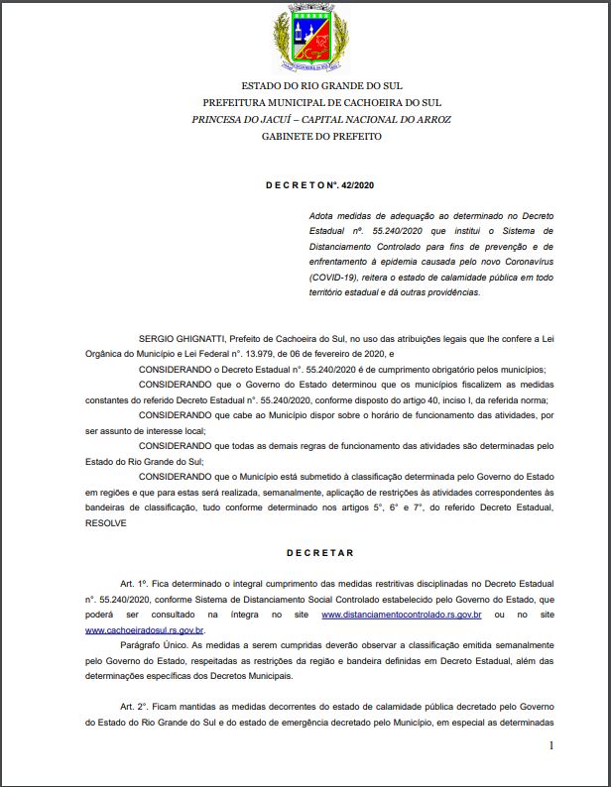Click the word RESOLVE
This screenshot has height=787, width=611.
(x=106, y=521)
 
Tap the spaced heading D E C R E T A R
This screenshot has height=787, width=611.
(x=320, y=552)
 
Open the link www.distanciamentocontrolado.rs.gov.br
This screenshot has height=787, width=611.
(x=402, y=616)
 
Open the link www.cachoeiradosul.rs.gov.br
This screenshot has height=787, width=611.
(x=145, y=629)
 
